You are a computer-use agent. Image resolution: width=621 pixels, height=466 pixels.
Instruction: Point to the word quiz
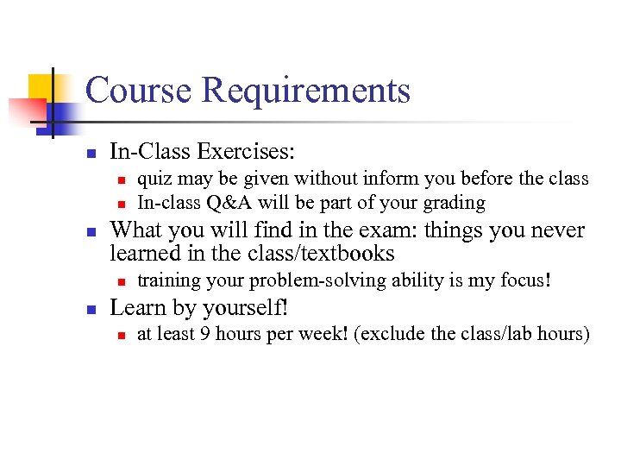coord(152,179)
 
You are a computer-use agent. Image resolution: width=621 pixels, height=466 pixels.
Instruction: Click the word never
coord(553,230)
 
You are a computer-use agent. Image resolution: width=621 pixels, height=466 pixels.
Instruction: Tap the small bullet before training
coord(122,281)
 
